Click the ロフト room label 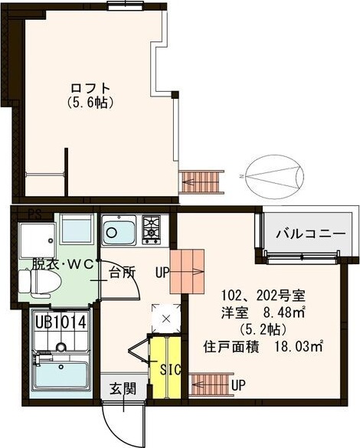[90, 87]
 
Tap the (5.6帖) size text [90, 101]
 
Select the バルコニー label [304, 234]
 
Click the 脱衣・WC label [61, 265]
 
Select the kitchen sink [119, 231]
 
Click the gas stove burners [151, 227]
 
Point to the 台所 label [123, 271]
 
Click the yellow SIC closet [165, 368]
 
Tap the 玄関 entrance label [120, 389]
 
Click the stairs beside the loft [201, 181]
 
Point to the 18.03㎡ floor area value [295, 347]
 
